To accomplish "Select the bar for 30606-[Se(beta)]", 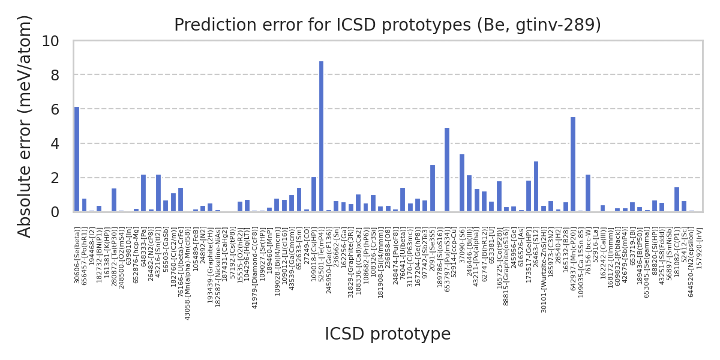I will pyautogui.click(x=77, y=159).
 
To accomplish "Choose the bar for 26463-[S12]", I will pyautogui.click(x=536, y=186).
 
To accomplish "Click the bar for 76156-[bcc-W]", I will pyautogui.click(x=588, y=193).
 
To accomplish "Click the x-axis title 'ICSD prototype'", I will pyautogui.click(x=387, y=334).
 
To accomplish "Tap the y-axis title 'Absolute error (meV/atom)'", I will pyautogui.click(x=25, y=126).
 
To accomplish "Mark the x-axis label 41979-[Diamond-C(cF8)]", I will pyautogui.click(x=254, y=258).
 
